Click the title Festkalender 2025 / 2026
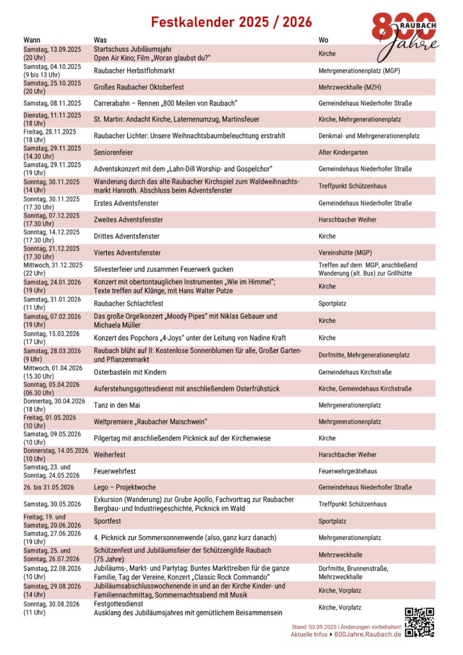point(231,22)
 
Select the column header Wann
point(32,40)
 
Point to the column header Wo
point(324,40)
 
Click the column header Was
point(100,40)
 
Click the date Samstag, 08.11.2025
point(52,103)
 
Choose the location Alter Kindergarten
point(345,152)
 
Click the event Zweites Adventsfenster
point(128,219)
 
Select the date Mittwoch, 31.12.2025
point(53,265)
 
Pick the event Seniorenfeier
point(115,152)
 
